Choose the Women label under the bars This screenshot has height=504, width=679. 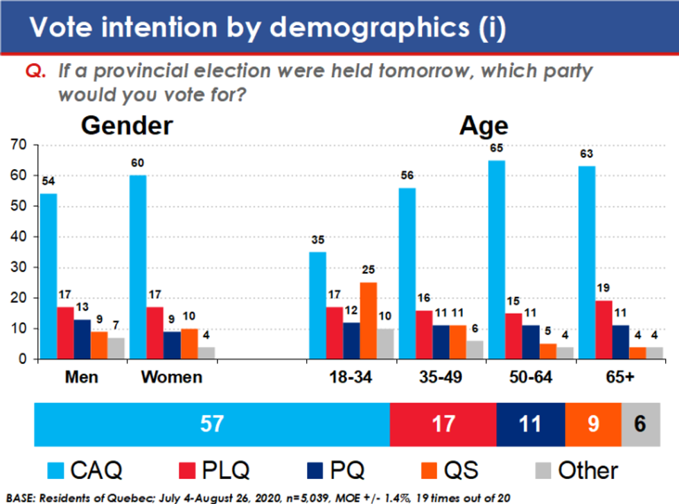[171, 377]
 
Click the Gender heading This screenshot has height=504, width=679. [127, 125]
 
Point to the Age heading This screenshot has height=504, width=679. [484, 125]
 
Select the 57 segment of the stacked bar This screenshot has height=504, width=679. [212, 424]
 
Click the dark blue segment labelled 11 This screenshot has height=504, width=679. [530, 424]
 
